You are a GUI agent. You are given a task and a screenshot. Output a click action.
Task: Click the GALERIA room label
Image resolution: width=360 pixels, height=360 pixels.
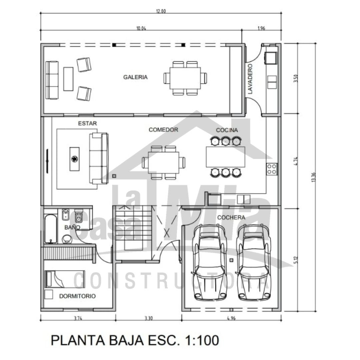135,77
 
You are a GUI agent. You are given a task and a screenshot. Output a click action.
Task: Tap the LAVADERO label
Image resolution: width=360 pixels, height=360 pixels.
250,79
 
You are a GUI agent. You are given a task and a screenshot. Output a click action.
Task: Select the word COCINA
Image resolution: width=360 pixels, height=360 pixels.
227,130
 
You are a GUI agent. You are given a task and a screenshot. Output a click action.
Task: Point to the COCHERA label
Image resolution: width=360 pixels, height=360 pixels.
231,217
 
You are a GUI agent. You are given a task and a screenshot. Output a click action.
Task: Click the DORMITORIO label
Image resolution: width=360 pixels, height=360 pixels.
77,296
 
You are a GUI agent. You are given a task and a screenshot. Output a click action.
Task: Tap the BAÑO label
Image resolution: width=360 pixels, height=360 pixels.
72,227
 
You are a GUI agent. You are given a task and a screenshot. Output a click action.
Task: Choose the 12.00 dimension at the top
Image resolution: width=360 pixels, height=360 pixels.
161,11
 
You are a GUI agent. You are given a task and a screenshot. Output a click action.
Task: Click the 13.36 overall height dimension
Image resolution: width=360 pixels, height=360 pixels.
314,177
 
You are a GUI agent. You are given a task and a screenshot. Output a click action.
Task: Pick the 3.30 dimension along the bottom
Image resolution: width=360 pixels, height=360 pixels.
149,318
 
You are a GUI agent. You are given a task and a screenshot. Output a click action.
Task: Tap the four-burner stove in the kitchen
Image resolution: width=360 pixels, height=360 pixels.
272,169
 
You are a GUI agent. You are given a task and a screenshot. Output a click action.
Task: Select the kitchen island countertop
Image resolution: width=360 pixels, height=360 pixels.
225,157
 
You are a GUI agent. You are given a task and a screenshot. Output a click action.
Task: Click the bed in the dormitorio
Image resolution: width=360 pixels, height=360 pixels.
65,279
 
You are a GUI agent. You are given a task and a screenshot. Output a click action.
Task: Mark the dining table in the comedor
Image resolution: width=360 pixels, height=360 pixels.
163,163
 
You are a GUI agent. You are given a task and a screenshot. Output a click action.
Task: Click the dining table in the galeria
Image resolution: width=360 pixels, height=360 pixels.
185,78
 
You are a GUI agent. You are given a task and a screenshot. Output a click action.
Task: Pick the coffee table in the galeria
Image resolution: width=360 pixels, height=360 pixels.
68,79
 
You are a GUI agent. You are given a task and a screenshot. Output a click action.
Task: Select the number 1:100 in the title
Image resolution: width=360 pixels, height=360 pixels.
202,340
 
